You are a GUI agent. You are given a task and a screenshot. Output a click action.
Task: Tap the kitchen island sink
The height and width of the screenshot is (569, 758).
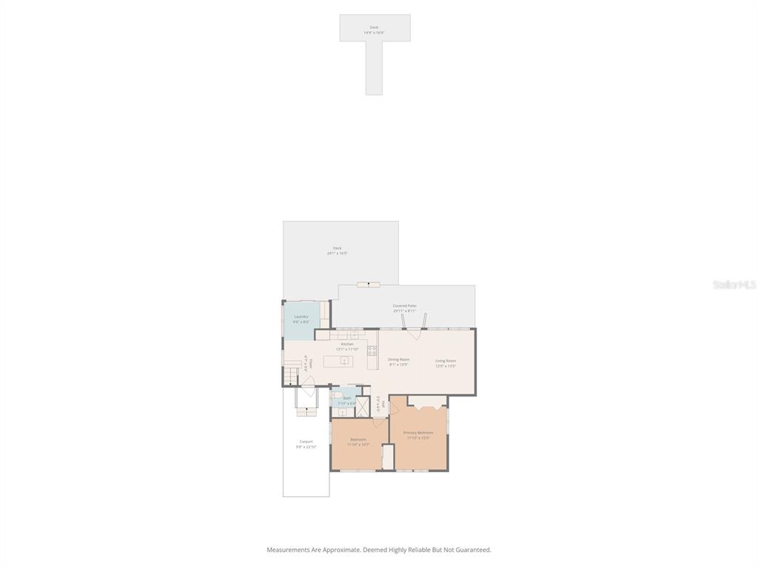click(x=344, y=362)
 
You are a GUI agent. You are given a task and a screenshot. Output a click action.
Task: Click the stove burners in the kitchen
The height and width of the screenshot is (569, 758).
click(x=372, y=350)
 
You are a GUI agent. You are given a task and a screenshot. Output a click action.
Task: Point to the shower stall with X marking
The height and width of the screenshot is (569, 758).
click(x=362, y=407)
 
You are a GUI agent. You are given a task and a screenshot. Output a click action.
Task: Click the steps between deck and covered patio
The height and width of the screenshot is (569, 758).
click(x=368, y=284)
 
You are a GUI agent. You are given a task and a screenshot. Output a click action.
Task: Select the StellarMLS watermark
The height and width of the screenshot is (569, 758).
click(x=734, y=284)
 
